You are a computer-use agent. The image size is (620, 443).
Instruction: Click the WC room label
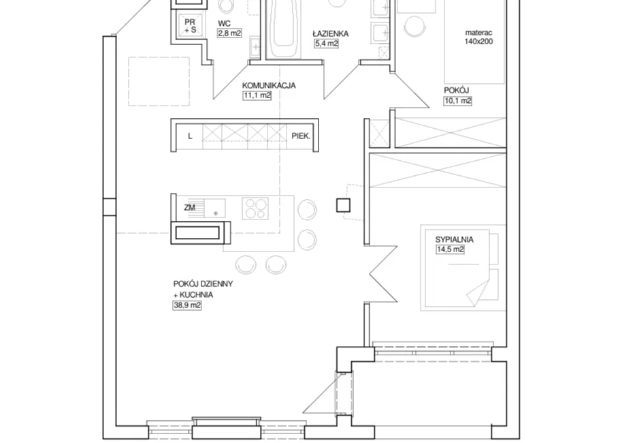[x=224, y=24]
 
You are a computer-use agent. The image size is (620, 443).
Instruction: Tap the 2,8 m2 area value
[x=229, y=33]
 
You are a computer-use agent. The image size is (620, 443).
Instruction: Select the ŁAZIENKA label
[x=331, y=33]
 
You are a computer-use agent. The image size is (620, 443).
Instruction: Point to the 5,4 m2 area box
[x=327, y=44]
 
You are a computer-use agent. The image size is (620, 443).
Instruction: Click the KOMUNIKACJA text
[x=269, y=85]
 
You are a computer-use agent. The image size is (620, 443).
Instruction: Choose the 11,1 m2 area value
[x=257, y=95]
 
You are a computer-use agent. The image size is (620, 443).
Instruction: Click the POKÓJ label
[x=456, y=91]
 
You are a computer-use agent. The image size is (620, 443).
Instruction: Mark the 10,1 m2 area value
[x=458, y=101]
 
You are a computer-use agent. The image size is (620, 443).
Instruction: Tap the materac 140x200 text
[x=479, y=37]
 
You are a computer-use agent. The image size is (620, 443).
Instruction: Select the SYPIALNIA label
[x=455, y=239]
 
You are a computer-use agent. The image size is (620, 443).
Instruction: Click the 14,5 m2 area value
[x=450, y=249]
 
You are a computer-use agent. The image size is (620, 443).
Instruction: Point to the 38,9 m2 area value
[x=187, y=305]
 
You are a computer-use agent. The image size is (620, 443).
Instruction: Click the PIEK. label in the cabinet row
[x=301, y=136]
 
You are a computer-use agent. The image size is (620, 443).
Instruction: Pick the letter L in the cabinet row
[x=190, y=136]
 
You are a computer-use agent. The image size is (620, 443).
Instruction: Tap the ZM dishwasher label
[x=190, y=207]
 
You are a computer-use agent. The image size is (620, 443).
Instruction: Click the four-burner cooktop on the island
[x=255, y=209]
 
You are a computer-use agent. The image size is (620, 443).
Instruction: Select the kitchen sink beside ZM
[x=214, y=209]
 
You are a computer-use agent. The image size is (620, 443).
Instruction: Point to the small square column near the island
[x=343, y=205]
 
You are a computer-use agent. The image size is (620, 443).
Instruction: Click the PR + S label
[x=190, y=26]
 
